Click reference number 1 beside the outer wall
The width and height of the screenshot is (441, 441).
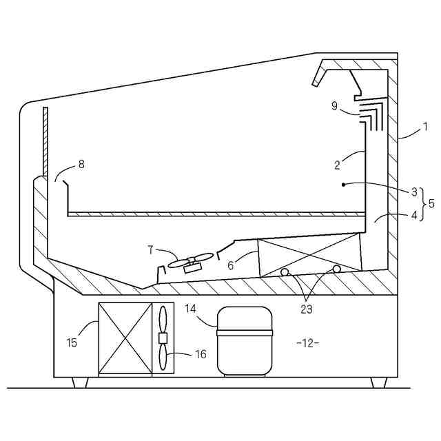coord(425,126)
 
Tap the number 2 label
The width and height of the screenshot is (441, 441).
coord(338,165)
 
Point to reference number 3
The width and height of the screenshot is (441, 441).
coord(414,192)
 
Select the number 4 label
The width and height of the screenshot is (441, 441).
coord(414,216)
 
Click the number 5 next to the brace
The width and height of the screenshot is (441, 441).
coord(431,204)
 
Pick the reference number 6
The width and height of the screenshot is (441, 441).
coord(232,265)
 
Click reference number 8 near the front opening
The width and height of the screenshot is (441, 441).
coord(81,164)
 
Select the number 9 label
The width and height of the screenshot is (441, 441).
coord(334,105)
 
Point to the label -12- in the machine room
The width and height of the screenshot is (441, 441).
coord(307,342)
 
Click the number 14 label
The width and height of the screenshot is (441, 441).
coord(190,309)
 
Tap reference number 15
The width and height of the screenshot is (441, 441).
coord(72,342)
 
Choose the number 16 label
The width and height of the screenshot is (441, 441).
coord(200,354)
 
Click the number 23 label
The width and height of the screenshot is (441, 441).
coord(307,309)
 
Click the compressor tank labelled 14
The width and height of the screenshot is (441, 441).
coord(245,340)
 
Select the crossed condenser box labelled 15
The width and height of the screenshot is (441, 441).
coord(125,339)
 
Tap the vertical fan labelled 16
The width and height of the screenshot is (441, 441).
coord(163,338)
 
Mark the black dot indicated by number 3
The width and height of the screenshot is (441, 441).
coord(343,185)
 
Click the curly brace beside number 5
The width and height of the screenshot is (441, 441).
coord(423,204)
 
